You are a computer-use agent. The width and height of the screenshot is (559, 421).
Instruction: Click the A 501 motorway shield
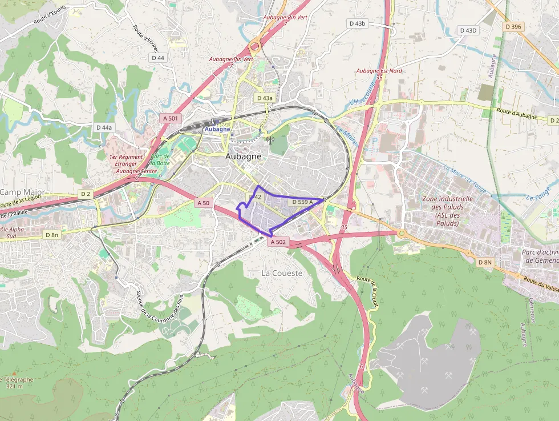(x=170, y=118)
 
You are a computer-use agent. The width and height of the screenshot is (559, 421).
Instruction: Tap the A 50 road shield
(x=203, y=203)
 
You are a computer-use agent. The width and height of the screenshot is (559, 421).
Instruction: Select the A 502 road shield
(x=278, y=242)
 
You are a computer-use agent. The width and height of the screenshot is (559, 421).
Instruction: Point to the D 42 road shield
(x=254, y=197)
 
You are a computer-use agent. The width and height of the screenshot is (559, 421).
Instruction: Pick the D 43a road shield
(x=265, y=98)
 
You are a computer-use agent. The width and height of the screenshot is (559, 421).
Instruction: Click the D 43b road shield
(x=357, y=23)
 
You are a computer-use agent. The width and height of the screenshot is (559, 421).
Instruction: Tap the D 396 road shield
(x=513, y=27)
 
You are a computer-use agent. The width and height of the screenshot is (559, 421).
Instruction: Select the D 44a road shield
(x=104, y=127)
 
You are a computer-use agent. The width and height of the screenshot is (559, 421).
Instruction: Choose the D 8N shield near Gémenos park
(x=485, y=262)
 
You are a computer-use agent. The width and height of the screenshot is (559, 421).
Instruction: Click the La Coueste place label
(x=282, y=273)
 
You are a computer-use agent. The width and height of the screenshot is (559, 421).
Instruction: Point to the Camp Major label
(x=22, y=192)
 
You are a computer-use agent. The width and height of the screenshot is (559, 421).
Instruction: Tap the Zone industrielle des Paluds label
(x=448, y=211)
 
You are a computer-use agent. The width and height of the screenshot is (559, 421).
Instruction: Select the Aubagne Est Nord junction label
(x=379, y=71)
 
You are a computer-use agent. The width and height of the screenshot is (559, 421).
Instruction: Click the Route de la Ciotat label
(x=367, y=291)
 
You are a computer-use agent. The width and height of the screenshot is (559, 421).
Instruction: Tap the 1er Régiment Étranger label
(x=127, y=160)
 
